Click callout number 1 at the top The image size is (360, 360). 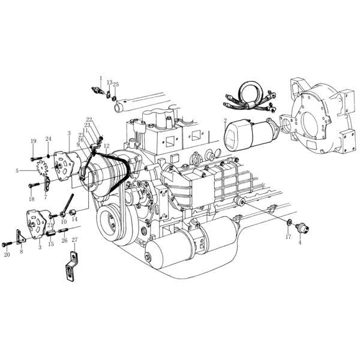pos(100,77)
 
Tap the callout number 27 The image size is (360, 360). pos(74,239)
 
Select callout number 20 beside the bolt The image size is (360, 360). pos(7,255)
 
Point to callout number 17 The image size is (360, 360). pos(288,236)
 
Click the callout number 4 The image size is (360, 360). pos(300,242)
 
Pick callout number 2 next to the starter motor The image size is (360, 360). pos(224,121)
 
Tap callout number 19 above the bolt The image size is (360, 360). pos(34,141)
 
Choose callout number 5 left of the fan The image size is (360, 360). pos(17,170)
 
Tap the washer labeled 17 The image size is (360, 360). pos(290,224)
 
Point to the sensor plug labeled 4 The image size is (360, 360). pos(302,228)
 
